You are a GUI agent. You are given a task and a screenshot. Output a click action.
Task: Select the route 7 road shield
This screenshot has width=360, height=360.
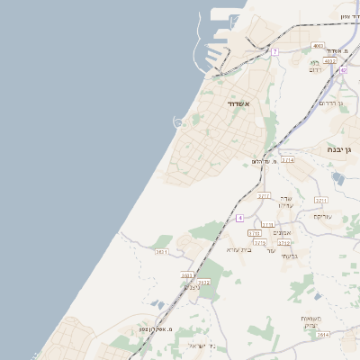point(275,52)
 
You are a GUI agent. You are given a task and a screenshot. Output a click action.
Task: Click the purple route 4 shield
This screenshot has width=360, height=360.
point(240,218)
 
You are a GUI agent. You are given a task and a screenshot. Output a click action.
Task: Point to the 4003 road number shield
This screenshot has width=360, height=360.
point(318,46)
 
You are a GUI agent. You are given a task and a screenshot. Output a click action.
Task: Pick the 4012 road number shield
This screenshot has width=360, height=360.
point(329,61)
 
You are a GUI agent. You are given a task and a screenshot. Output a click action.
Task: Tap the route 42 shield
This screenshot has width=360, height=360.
point(343,69)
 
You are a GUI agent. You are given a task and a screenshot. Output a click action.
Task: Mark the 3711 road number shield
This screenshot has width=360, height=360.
point(321,200)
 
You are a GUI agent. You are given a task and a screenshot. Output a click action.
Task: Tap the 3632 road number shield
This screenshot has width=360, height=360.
point(203,282)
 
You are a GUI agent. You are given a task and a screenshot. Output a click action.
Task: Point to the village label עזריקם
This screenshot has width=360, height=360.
point(323,216)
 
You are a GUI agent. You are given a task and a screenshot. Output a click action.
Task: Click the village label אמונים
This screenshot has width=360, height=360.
point(279,233)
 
